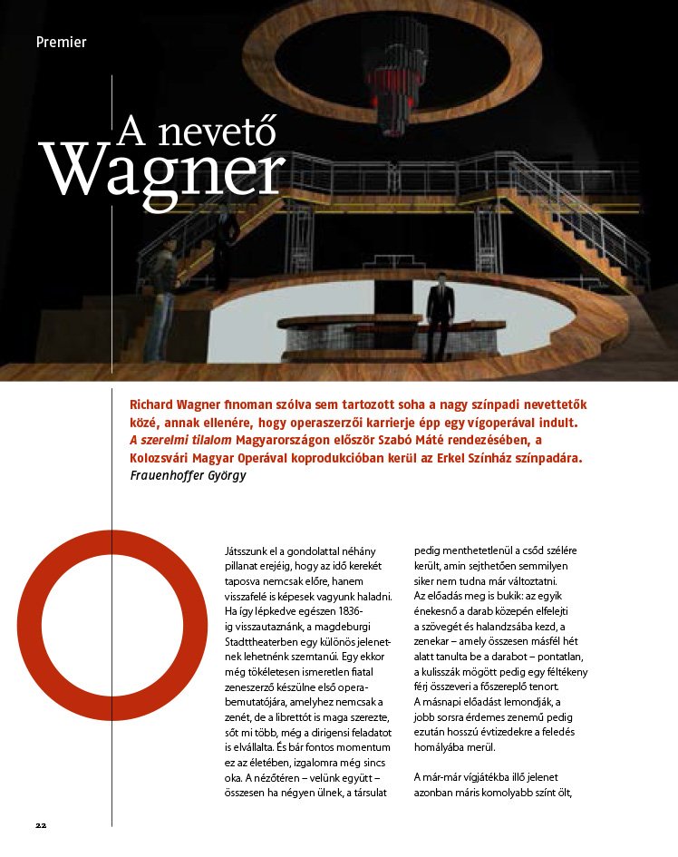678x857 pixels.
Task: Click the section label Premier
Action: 62,42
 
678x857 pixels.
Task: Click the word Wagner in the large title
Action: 163,169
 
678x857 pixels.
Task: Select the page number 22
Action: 41,825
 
